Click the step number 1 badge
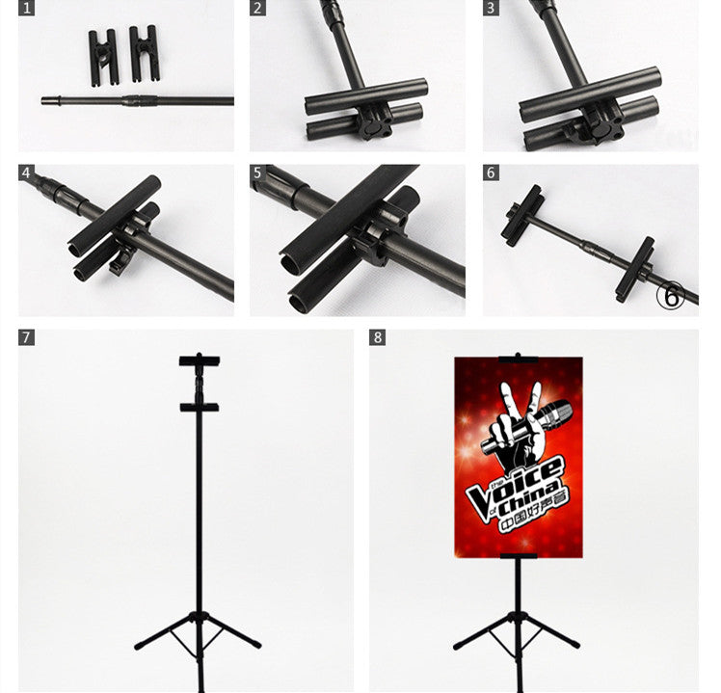26,8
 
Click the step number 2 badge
257,8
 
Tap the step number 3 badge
491,8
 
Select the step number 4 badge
26,173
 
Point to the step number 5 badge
257,173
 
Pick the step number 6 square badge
491,173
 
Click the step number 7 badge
26,337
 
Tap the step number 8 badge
377,337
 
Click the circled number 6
671,296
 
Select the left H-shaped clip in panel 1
103,58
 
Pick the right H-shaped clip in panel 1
144,54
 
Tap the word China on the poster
530,500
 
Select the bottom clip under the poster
519,556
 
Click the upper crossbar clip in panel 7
200,360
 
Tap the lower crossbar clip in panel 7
200,407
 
